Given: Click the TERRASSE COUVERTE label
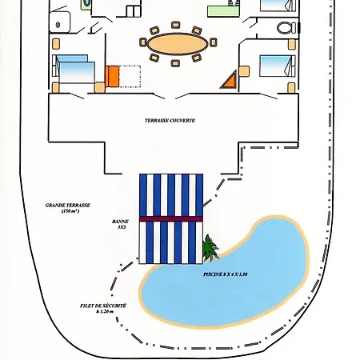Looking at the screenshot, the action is click(x=170, y=121).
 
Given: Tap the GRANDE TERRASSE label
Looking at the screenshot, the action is click(x=68, y=206).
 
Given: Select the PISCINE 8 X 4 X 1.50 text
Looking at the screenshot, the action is click(x=226, y=274).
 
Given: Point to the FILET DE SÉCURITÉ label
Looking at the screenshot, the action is click(x=103, y=306).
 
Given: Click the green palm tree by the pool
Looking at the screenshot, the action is click(x=210, y=247).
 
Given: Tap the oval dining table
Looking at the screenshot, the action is click(x=178, y=44).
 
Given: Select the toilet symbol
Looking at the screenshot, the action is click(x=286, y=28).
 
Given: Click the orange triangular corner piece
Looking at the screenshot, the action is click(x=229, y=80).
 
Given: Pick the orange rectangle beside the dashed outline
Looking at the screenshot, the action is click(x=112, y=77).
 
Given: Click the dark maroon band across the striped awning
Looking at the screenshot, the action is click(x=171, y=219).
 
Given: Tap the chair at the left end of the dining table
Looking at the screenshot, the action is click(x=143, y=42).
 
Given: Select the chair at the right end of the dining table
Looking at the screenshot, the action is click(x=214, y=42).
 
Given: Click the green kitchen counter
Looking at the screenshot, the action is click(x=223, y=11).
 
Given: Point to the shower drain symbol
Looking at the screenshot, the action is click(x=58, y=25).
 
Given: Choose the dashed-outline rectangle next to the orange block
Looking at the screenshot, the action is click(x=130, y=77).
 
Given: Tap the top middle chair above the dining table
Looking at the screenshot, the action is click(x=175, y=25).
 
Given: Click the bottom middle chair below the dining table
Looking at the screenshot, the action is click(x=175, y=63).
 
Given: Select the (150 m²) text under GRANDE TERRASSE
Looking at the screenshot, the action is click(x=70, y=211).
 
